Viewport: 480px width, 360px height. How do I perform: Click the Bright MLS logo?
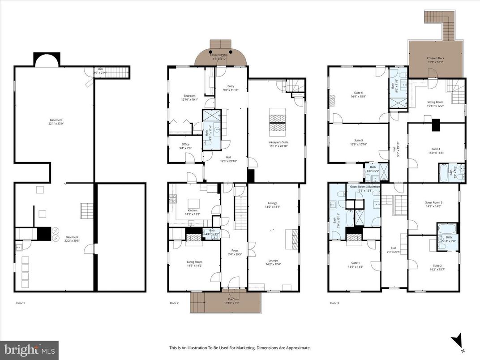click(29, 348)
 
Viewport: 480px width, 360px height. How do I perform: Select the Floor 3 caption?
click(334, 303)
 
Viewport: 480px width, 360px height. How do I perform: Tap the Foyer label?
click(235, 252)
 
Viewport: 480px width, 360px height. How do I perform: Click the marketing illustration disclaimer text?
click(240, 347)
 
